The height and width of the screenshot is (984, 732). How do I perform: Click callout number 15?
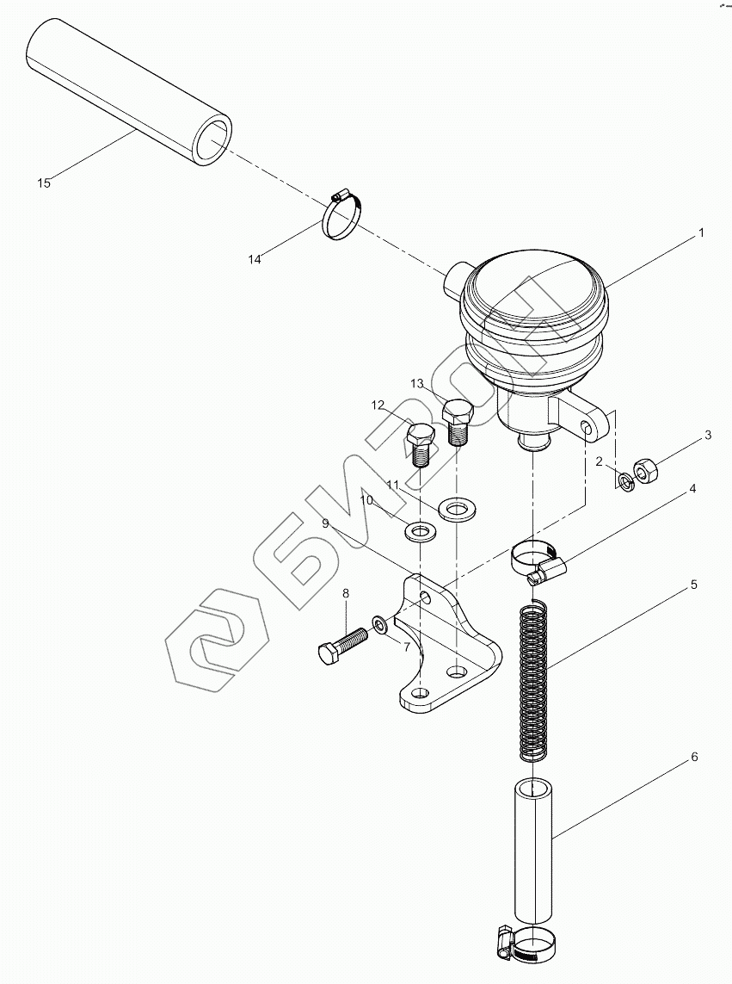point(44,183)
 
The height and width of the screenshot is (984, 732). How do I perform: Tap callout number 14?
point(254,259)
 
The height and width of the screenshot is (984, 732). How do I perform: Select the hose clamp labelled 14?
point(342,214)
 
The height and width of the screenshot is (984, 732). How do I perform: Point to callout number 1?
point(701,232)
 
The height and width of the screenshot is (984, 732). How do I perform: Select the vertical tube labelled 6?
point(533,851)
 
